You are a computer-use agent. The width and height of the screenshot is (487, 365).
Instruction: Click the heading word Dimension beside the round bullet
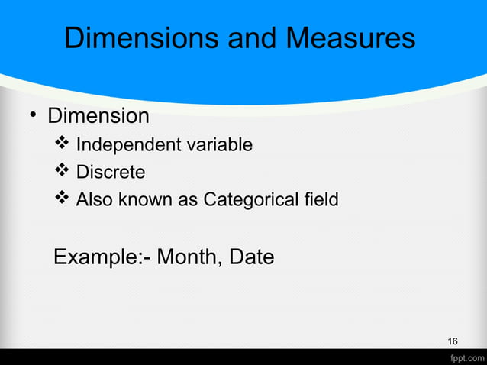98,116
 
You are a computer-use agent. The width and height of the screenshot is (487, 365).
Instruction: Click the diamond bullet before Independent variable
63,144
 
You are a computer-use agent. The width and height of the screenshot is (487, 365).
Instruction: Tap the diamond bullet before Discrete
63,172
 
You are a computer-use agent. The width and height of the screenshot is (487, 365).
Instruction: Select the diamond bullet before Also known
63,199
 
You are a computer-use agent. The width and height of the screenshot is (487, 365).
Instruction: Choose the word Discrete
111,173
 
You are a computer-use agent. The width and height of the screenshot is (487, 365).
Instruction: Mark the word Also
94,200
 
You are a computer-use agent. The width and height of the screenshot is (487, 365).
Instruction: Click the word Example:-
102,257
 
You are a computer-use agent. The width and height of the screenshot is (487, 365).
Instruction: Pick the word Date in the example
250,257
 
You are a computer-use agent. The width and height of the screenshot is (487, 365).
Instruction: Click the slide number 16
453,341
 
